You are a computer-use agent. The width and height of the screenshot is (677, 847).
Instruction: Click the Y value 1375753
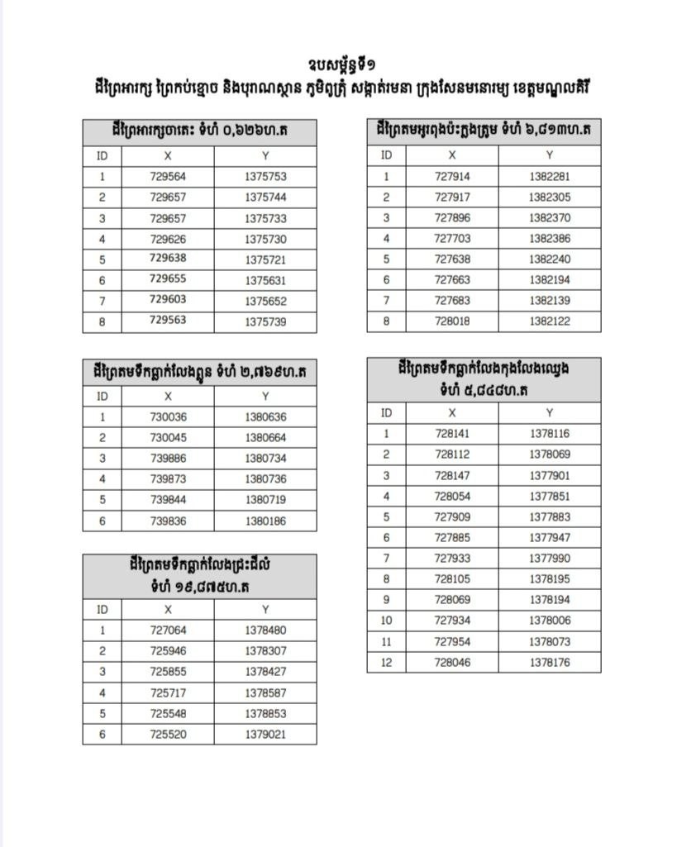coord(265,176)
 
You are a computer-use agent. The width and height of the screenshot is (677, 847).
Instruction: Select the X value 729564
coord(168,176)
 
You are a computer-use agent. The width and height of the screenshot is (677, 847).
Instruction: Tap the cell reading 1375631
coord(265,280)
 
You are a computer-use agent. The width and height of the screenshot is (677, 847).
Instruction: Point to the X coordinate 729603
coord(168,301)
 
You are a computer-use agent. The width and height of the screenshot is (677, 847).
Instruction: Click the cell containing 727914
coord(452,176)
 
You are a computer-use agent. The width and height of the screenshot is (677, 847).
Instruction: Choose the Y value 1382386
coord(550,238)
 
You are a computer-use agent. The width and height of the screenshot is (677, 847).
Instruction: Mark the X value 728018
coord(452,321)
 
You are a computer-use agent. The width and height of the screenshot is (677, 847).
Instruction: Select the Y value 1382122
coord(550,321)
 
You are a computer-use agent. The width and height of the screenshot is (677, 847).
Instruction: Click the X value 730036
coord(168,417)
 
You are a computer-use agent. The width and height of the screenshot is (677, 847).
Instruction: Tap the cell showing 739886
coord(168,459)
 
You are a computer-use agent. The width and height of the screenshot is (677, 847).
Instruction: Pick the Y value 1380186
coord(265,521)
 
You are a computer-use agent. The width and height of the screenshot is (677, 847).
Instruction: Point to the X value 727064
coord(168,630)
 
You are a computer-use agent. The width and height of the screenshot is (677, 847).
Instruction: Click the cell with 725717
coord(168,692)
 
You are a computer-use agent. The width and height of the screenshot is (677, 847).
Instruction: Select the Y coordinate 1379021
coord(265,734)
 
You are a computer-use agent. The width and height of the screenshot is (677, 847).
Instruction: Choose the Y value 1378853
coord(265,713)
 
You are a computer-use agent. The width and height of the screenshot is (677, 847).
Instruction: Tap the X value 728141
coord(452,433)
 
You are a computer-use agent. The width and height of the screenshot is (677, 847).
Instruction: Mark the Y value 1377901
coord(550,475)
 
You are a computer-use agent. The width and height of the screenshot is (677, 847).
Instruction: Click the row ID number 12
coord(386,662)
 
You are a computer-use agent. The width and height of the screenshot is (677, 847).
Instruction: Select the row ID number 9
coord(386,599)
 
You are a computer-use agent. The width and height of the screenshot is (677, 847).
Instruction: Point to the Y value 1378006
coord(550,621)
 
